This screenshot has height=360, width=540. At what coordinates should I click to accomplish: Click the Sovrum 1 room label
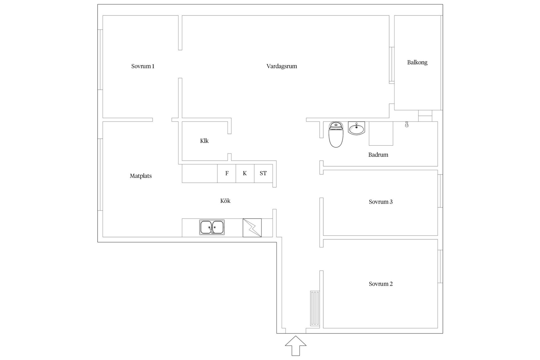tap(143, 66)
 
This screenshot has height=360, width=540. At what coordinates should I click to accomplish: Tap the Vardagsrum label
tap(282, 66)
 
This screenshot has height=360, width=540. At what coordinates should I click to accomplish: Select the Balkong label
tap(417, 62)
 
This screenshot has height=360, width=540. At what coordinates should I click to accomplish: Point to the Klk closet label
tap(204, 141)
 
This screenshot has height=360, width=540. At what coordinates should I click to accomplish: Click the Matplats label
tap(141, 176)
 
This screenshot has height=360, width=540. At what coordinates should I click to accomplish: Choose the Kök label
tap(225, 201)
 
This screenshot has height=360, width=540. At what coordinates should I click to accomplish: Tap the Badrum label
tap(378, 155)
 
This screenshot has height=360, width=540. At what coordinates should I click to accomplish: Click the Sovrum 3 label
tap(381, 202)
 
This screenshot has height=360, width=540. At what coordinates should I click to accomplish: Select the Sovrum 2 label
tap(381, 284)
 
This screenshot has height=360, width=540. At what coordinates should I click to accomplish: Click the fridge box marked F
tap(226, 173)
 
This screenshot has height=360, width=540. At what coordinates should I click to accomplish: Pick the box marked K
tap(245, 173)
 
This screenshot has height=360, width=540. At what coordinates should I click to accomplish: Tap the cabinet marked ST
tap(263, 173)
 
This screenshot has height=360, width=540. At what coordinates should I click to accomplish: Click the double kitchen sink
tap(212, 227)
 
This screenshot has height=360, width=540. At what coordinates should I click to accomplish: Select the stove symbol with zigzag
tap(252, 228)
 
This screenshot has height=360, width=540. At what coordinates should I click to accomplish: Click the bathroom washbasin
tap(356, 128)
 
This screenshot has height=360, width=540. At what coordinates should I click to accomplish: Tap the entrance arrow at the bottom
tap(296, 346)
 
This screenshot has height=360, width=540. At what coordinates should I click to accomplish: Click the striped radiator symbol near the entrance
tap(315, 309)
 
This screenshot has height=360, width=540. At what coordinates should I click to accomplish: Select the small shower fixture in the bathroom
tap(407, 124)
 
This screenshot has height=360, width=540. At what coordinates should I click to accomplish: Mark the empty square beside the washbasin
tap(381, 134)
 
